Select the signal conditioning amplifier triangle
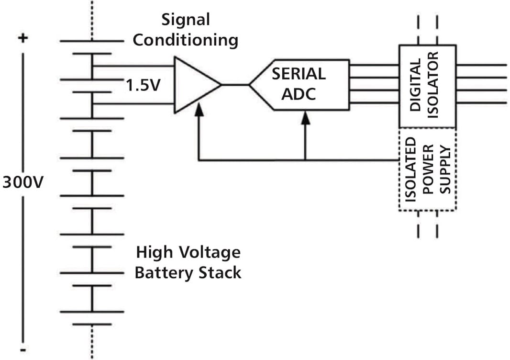pos(194,85)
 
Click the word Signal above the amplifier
pos(186,20)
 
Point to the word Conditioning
pos(186,40)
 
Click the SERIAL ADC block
pos(299,85)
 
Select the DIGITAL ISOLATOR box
pos(427,86)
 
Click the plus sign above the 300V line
pos(22,39)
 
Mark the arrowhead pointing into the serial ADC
pos(305,117)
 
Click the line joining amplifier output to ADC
pos(235,85)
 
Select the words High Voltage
pos(188,252)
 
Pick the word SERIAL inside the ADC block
pos(299,74)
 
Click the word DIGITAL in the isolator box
pos(415,86)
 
